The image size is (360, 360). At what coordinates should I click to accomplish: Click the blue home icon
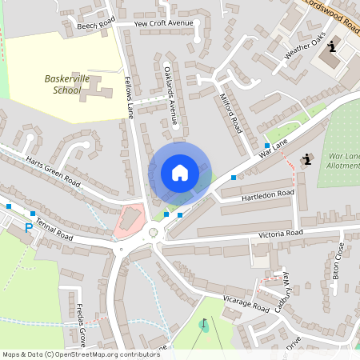click(180, 173)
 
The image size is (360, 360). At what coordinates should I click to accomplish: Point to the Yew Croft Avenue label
click(164, 23)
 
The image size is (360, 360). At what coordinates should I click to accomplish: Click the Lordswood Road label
click(330, 12)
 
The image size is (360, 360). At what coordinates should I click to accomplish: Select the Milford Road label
click(230, 113)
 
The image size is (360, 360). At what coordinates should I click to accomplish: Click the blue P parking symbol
click(29, 228)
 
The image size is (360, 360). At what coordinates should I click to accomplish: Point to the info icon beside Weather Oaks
click(331, 48)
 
